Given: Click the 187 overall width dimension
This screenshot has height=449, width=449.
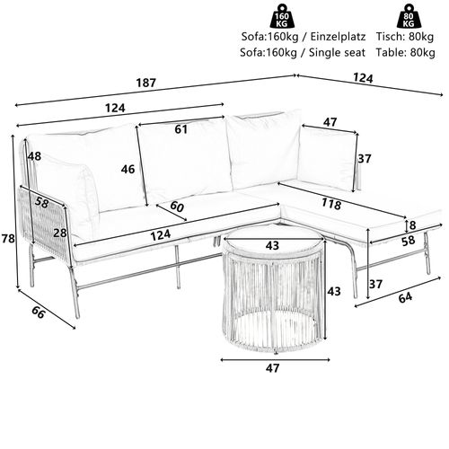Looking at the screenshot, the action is pos(146,83).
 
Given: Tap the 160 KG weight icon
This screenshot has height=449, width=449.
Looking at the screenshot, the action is pos(282,16).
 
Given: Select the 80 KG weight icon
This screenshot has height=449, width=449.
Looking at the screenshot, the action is pos(409,16).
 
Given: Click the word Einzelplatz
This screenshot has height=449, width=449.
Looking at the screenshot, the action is pos(338,37).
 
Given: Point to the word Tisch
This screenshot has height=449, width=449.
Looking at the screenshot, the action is pos(390,37).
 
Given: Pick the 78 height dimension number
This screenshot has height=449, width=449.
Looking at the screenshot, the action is pos(8,239).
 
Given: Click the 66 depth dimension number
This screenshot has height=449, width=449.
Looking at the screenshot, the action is pos(39,313).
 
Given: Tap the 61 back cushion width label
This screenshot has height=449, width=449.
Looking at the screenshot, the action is pos(181,129).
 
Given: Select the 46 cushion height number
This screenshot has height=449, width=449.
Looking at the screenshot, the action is pos(128,170).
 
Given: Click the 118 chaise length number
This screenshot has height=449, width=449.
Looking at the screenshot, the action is pos(331,204).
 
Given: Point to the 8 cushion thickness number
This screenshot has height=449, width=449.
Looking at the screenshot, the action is pos(412,225).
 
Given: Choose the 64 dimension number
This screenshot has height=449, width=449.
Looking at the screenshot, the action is pos(405,297).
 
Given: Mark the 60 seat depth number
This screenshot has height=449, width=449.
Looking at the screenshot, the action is pos(177,207).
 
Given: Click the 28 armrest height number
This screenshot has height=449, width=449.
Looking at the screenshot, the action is pos(60,233).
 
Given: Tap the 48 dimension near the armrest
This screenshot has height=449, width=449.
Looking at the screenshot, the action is pos(34,156).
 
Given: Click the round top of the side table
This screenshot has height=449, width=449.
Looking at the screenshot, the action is pos(273,241).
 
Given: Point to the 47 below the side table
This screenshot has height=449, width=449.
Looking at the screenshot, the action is pos(272,368).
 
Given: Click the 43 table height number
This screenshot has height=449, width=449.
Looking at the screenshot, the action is pos(334,291).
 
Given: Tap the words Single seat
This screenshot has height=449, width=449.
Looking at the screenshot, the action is pos(337,53).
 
